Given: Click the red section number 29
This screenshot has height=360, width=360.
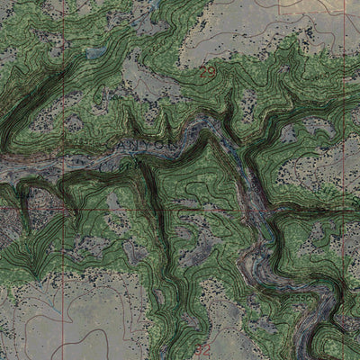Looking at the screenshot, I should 209,68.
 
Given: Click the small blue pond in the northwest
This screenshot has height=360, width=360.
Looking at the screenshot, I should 94,54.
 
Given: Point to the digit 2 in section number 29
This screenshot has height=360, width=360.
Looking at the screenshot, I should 205,68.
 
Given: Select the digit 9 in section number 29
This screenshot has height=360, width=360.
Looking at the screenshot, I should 212,68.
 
